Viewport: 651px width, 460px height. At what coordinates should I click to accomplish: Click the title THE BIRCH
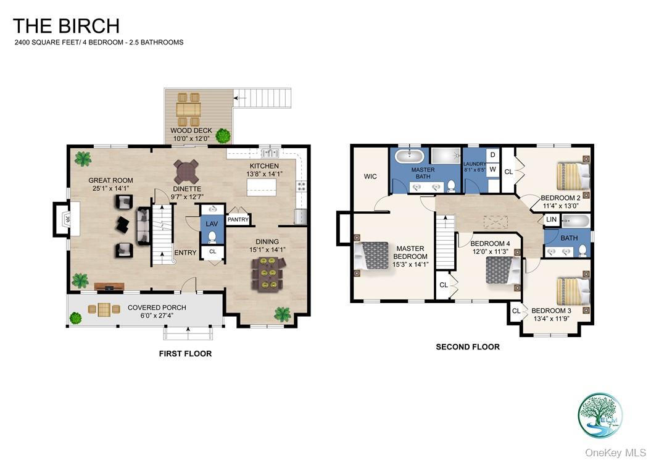[x=66, y=26]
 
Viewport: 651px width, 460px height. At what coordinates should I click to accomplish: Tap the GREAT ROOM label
[x=110, y=181]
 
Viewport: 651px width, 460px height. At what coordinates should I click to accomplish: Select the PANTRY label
[x=238, y=219]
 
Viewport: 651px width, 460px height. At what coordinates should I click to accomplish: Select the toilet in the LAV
[x=212, y=237]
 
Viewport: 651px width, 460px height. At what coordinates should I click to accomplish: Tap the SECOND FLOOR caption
[x=468, y=347]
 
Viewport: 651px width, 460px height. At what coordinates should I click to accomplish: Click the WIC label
[x=370, y=177]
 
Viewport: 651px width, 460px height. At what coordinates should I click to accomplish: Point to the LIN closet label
[x=551, y=220]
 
